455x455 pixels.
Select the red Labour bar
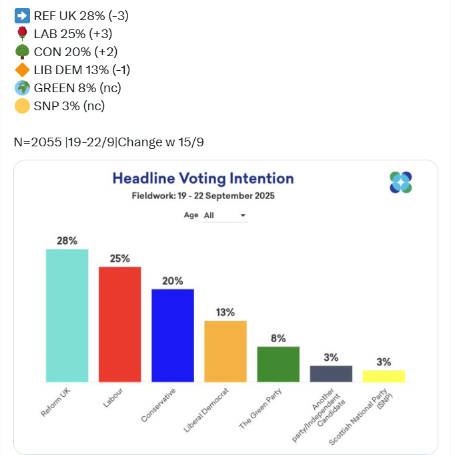(119, 324)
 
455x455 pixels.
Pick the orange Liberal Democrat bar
(225, 351)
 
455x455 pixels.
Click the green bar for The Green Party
(278, 364)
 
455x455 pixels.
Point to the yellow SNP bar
(384, 375)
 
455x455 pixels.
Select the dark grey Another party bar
(331, 373)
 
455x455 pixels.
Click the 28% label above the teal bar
(67, 241)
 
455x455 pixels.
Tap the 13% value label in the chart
(225, 312)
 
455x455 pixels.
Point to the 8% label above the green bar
(278, 338)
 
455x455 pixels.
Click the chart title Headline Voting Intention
(203, 178)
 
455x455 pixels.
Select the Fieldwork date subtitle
(203, 196)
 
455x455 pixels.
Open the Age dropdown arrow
(243, 215)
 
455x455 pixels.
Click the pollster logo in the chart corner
(401, 182)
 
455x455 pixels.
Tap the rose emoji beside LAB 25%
(22, 33)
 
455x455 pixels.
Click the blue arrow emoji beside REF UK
(22, 15)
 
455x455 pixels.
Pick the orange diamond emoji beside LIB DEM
(22, 69)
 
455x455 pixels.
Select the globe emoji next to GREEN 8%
(22, 88)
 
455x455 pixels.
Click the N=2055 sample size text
(37, 142)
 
